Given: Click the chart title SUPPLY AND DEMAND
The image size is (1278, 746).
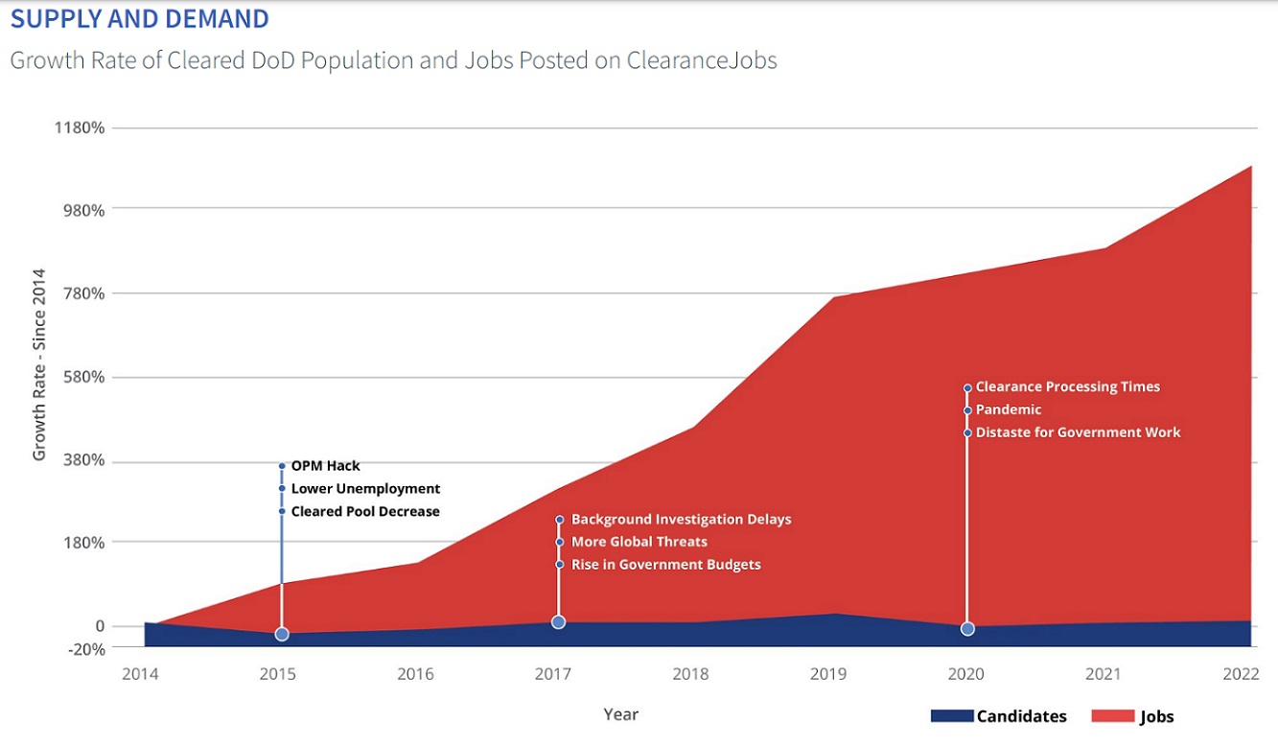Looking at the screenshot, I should [x=139, y=18].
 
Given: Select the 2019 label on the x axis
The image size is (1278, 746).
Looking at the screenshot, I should [x=828, y=674].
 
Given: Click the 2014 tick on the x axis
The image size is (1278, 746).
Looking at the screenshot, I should [x=140, y=674].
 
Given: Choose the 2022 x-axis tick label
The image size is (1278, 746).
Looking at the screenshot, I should [x=1241, y=674].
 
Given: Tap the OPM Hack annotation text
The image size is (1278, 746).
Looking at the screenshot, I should [x=325, y=466].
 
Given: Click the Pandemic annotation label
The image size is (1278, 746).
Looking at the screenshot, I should [x=1008, y=409].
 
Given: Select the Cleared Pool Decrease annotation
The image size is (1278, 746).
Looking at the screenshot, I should [x=364, y=511].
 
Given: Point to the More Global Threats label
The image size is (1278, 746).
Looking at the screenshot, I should [x=639, y=542].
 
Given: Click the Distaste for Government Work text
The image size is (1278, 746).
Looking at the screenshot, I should [x=1078, y=432].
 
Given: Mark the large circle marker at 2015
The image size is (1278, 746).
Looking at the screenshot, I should [x=282, y=634].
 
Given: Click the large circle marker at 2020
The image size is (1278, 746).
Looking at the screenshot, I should [x=967, y=629].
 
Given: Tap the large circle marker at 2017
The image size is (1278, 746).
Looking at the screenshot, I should [x=559, y=622].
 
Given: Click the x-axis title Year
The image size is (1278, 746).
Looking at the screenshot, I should [x=620, y=714].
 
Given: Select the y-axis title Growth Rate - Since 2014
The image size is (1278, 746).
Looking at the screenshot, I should [x=39, y=364].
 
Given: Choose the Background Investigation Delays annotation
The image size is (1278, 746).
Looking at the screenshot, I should [x=681, y=519].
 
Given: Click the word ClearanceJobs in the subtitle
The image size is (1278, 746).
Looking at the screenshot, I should [x=702, y=60].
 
